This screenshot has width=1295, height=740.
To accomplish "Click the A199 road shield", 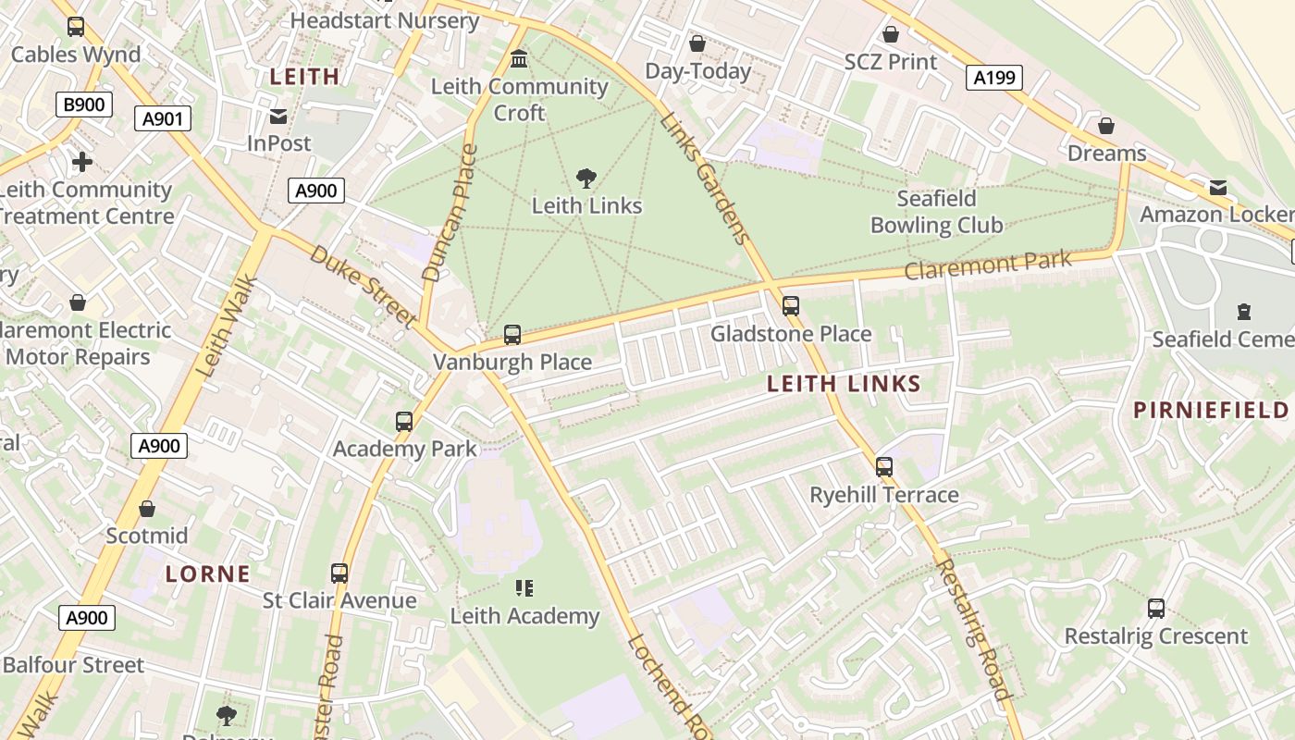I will [x=995, y=78].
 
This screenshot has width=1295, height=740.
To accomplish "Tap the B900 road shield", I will [x=83, y=105].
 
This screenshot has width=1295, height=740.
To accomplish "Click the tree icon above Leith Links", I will [x=586, y=178].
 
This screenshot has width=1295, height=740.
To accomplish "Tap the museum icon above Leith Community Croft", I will [x=519, y=59].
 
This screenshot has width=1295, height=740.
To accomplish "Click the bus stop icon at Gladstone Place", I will [x=790, y=306].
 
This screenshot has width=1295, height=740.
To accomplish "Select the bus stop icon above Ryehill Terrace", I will [x=884, y=467].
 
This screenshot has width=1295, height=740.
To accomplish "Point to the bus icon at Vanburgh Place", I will [x=512, y=335].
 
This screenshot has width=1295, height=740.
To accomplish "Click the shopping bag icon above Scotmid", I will [x=146, y=509].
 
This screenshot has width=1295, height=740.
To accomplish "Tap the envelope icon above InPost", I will [x=278, y=117].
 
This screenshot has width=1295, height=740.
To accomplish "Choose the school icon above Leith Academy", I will [x=524, y=588].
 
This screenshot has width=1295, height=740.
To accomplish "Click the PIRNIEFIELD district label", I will [x=1211, y=411].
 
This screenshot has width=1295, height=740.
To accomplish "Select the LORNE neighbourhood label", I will [x=208, y=573].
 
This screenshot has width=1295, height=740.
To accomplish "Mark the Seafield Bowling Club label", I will [x=936, y=212].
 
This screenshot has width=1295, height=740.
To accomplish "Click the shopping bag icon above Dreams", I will [x=1105, y=126].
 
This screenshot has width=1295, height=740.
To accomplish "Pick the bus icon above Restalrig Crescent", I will [x=1155, y=609].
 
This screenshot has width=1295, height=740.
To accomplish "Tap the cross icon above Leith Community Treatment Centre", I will [x=82, y=163].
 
